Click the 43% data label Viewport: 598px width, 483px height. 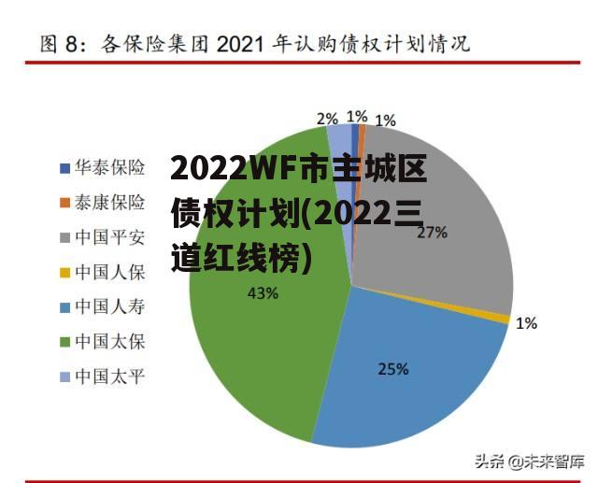(263, 293)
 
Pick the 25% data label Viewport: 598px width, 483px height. (392, 368)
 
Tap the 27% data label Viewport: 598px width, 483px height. (432, 233)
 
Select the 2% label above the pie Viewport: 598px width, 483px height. (326, 118)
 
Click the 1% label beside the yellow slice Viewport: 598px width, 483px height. (526, 323)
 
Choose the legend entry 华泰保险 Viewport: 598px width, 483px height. (109, 168)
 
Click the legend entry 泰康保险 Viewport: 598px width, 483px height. (109, 203)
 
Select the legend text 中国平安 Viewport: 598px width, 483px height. (109, 237)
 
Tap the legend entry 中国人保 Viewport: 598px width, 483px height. (109, 272)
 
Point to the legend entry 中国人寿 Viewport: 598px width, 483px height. (109, 306)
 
